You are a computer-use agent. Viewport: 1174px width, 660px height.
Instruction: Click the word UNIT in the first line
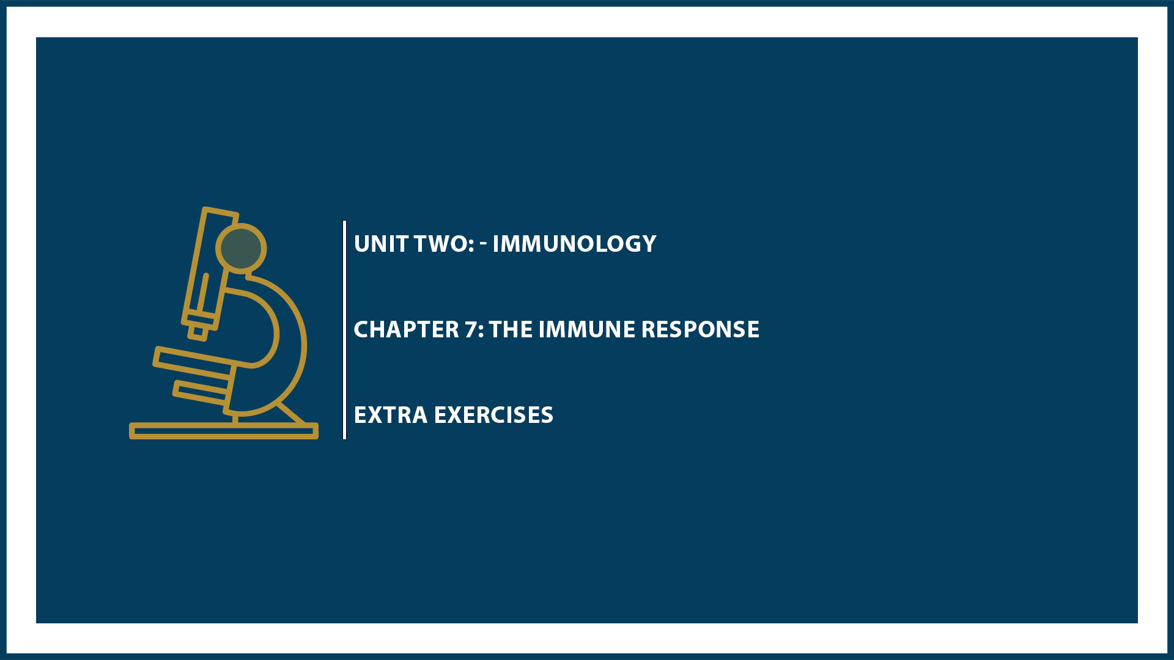[381, 244]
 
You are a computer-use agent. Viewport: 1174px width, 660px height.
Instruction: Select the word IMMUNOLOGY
[574, 244]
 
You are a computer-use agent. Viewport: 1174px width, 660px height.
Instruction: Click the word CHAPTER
[406, 329]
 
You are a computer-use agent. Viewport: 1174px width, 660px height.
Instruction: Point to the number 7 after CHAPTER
[471, 329]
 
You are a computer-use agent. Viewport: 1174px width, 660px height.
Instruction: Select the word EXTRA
[390, 415]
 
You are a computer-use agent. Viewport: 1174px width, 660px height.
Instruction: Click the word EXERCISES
[493, 415]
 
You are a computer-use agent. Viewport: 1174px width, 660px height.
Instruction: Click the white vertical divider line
[345, 330]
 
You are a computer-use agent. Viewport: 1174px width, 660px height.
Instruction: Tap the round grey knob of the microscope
[241, 248]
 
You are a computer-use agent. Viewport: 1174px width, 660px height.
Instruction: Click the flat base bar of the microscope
[223, 431]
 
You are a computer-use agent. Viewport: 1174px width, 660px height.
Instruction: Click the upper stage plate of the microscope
[194, 361]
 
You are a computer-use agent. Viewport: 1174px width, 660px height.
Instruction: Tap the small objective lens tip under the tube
[198, 332]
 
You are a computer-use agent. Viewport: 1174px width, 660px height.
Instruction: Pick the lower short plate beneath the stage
[201, 392]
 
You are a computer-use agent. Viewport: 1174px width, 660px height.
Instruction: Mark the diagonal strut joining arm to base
[291, 413]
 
